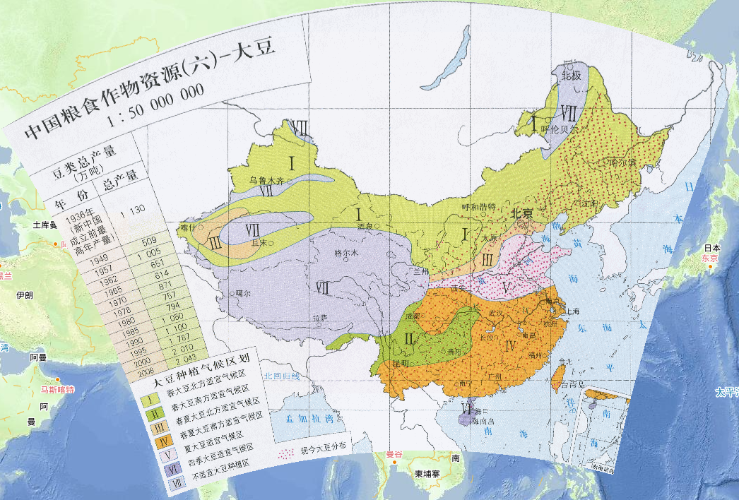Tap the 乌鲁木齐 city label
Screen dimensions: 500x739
point(266,181)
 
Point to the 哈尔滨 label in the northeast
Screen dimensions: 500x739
point(623,162)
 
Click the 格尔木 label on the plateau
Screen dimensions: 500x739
point(346,253)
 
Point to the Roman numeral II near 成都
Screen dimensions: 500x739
point(408,340)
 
